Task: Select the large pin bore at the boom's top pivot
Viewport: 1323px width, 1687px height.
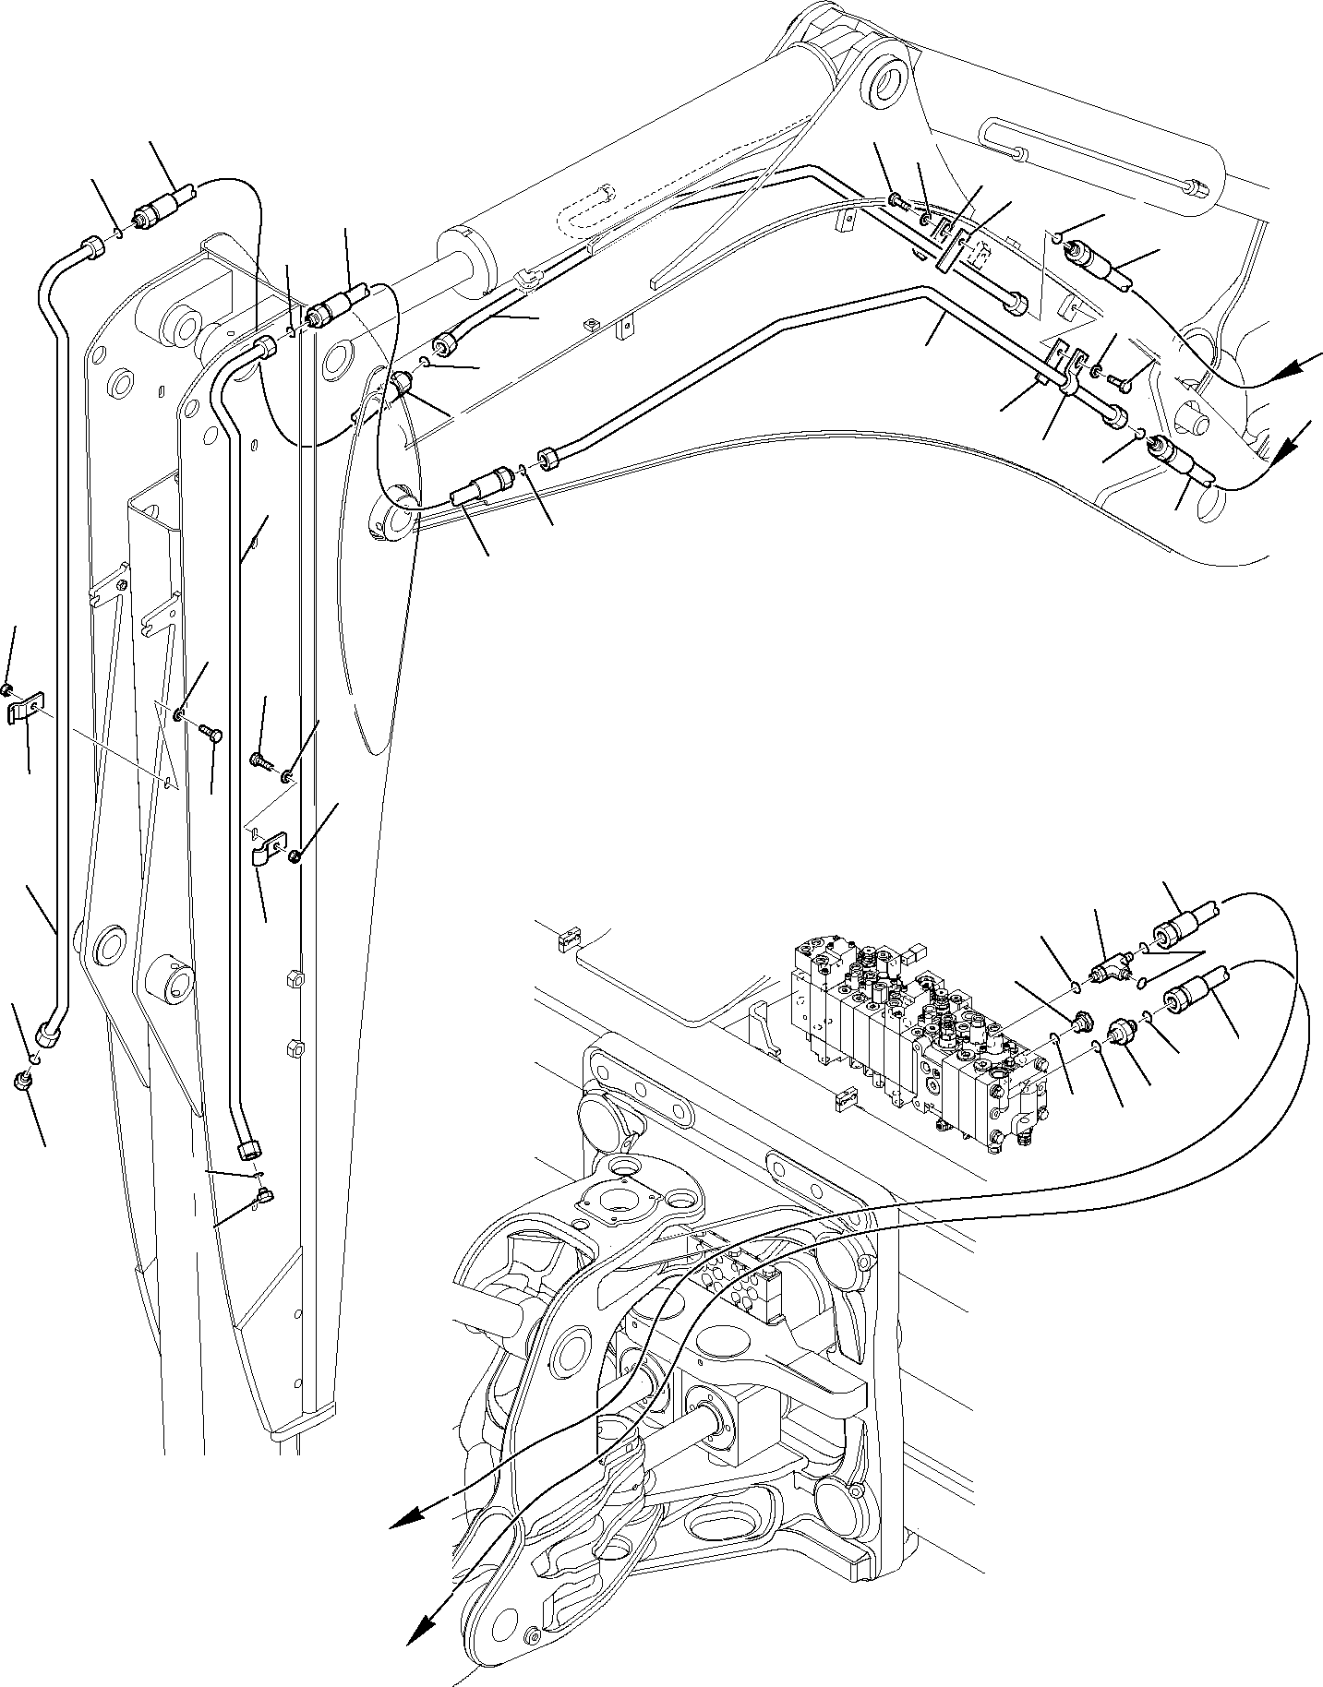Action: [886, 81]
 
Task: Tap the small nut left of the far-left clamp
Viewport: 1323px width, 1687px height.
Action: [7, 689]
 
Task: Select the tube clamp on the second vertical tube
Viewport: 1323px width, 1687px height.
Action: [264, 847]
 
